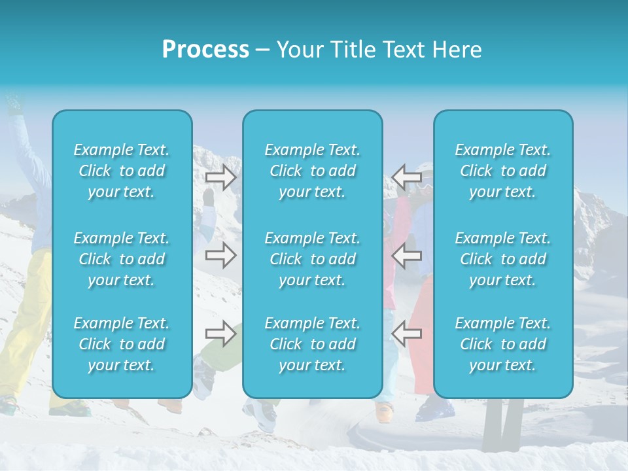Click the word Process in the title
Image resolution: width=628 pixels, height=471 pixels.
(205, 50)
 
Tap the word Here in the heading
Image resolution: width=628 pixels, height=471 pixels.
(456, 50)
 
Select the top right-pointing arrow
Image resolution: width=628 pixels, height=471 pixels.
(221, 177)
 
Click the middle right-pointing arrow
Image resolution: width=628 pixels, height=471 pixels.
(221, 255)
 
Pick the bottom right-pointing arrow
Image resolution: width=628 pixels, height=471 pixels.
(221, 334)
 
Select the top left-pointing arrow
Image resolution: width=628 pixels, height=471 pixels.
(407, 177)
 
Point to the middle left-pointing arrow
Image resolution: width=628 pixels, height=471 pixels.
(407, 255)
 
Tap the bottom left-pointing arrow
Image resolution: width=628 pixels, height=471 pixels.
(407, 334)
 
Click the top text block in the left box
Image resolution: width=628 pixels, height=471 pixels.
(122, 171)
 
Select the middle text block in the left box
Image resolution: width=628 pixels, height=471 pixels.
(122, 259)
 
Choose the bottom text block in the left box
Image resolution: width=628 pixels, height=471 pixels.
(122, 344)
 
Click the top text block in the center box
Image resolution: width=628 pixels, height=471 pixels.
(313, 171)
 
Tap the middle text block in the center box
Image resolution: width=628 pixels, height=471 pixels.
(313, 259)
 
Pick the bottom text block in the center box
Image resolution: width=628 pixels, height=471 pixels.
(313, 344)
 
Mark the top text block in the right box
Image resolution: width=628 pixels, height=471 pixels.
(503, 171)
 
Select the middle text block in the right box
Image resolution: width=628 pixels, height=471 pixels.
(503, 259)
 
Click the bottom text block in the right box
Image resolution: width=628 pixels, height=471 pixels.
(503, 344)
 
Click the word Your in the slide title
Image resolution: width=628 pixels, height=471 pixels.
(297, 50)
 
